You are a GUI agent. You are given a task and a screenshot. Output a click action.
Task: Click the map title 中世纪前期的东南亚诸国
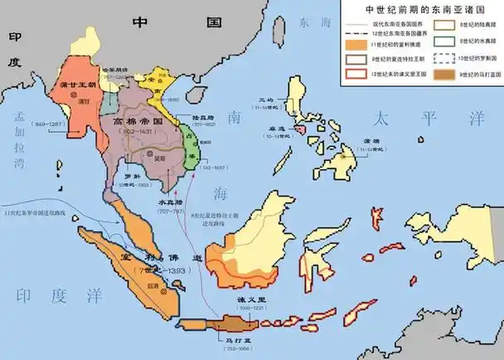(421, 10)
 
